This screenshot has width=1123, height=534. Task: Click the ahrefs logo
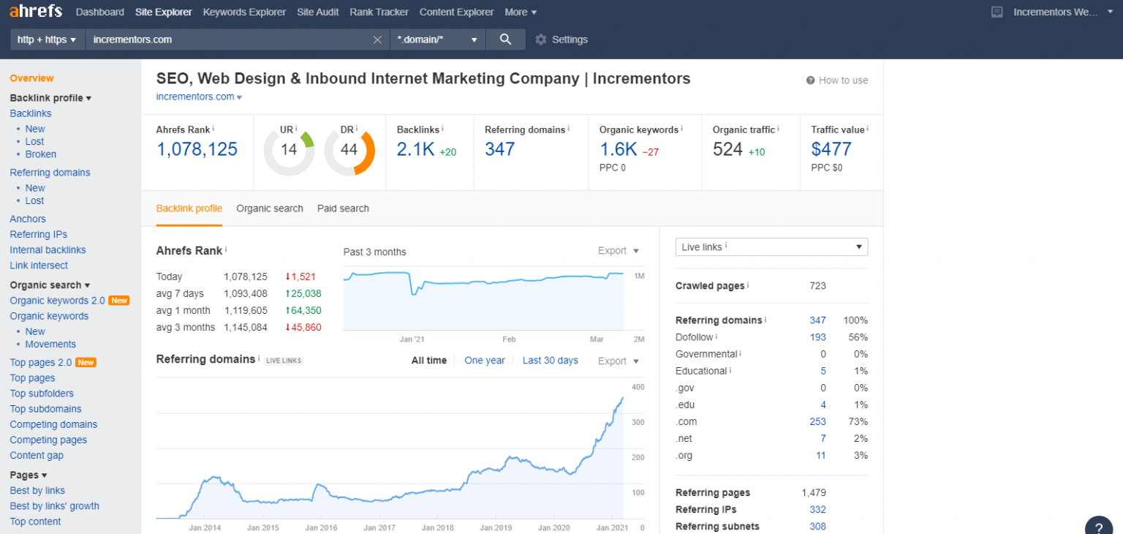click(36, 12)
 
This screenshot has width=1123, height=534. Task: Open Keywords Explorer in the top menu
click(244, 12)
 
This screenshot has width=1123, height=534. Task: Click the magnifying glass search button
click(505, 40)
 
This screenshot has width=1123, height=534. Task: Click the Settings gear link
click(561, 40)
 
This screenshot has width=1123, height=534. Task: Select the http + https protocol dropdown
click(47, 40)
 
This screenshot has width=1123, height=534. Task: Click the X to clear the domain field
click(377, 40)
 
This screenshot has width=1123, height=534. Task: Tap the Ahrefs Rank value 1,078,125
click(197, 149)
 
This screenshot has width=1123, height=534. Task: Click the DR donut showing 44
click(349, 150)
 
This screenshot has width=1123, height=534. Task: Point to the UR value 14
click(289, 150)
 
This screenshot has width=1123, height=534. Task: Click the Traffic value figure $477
click(831, 149)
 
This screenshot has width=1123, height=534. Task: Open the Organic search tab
click(269, 208)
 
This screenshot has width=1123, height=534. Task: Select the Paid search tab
click(343, 208)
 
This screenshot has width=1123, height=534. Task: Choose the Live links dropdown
click(771, 247)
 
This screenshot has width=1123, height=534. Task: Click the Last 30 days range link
click(550, 361)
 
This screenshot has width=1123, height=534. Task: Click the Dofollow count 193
click(817, 337)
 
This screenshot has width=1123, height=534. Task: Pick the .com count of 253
click(817, 421)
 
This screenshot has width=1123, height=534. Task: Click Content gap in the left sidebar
click(37, 455)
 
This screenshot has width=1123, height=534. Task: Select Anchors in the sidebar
click(28, 219)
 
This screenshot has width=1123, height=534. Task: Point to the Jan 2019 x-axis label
click(493, 527)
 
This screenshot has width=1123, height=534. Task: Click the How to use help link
click(837, 80)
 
